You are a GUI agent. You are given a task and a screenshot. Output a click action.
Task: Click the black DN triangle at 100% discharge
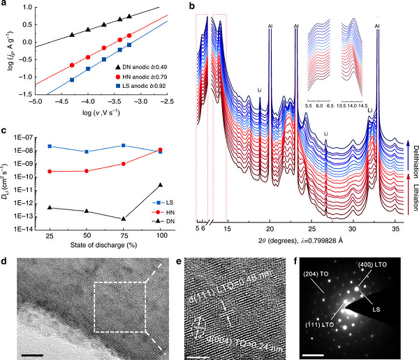(161, 185)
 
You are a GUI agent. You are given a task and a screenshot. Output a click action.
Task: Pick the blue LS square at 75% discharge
(124, 145)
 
